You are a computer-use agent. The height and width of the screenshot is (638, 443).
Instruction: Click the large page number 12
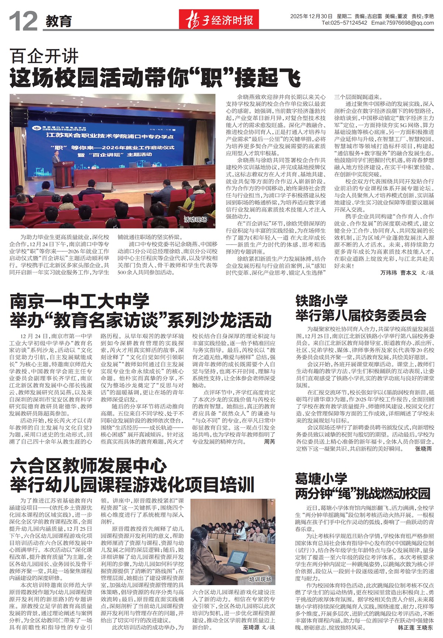click(x=23, y=21)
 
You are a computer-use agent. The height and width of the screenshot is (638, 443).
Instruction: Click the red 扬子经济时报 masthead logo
click(x=219, y=20)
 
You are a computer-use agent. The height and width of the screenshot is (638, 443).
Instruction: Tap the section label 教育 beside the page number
click(x=58, y=21)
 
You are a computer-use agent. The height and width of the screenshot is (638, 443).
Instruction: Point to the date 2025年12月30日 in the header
click(x=311, y=16)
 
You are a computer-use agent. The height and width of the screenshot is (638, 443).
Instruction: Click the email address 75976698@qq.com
click(x=409, y=23)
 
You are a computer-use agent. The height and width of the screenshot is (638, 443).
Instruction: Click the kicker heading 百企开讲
click(x=44, y=57)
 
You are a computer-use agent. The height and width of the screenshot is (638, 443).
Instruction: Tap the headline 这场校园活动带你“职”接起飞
click(x=155, y=78)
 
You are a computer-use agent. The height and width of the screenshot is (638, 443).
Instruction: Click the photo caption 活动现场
click(x=195, y=220)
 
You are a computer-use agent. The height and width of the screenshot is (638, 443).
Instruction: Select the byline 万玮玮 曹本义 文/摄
click(x=407, y=273)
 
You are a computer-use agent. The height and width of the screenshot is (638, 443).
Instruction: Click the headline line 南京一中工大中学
click(x=80, y=302)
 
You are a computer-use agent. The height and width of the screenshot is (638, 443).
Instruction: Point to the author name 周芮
click(x=269, y=442)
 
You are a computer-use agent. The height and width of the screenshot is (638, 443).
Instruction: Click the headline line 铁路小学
click(x=321, y=301)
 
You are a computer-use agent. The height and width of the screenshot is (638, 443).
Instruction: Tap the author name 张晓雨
click(x=423, y=449)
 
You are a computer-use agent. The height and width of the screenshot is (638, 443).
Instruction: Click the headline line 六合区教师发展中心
click(x=89, y=466)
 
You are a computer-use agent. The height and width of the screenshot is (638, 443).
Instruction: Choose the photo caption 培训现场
click(x=260, y=579)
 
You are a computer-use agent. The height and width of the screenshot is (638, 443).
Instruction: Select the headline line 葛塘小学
click(x=321, y=479)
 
